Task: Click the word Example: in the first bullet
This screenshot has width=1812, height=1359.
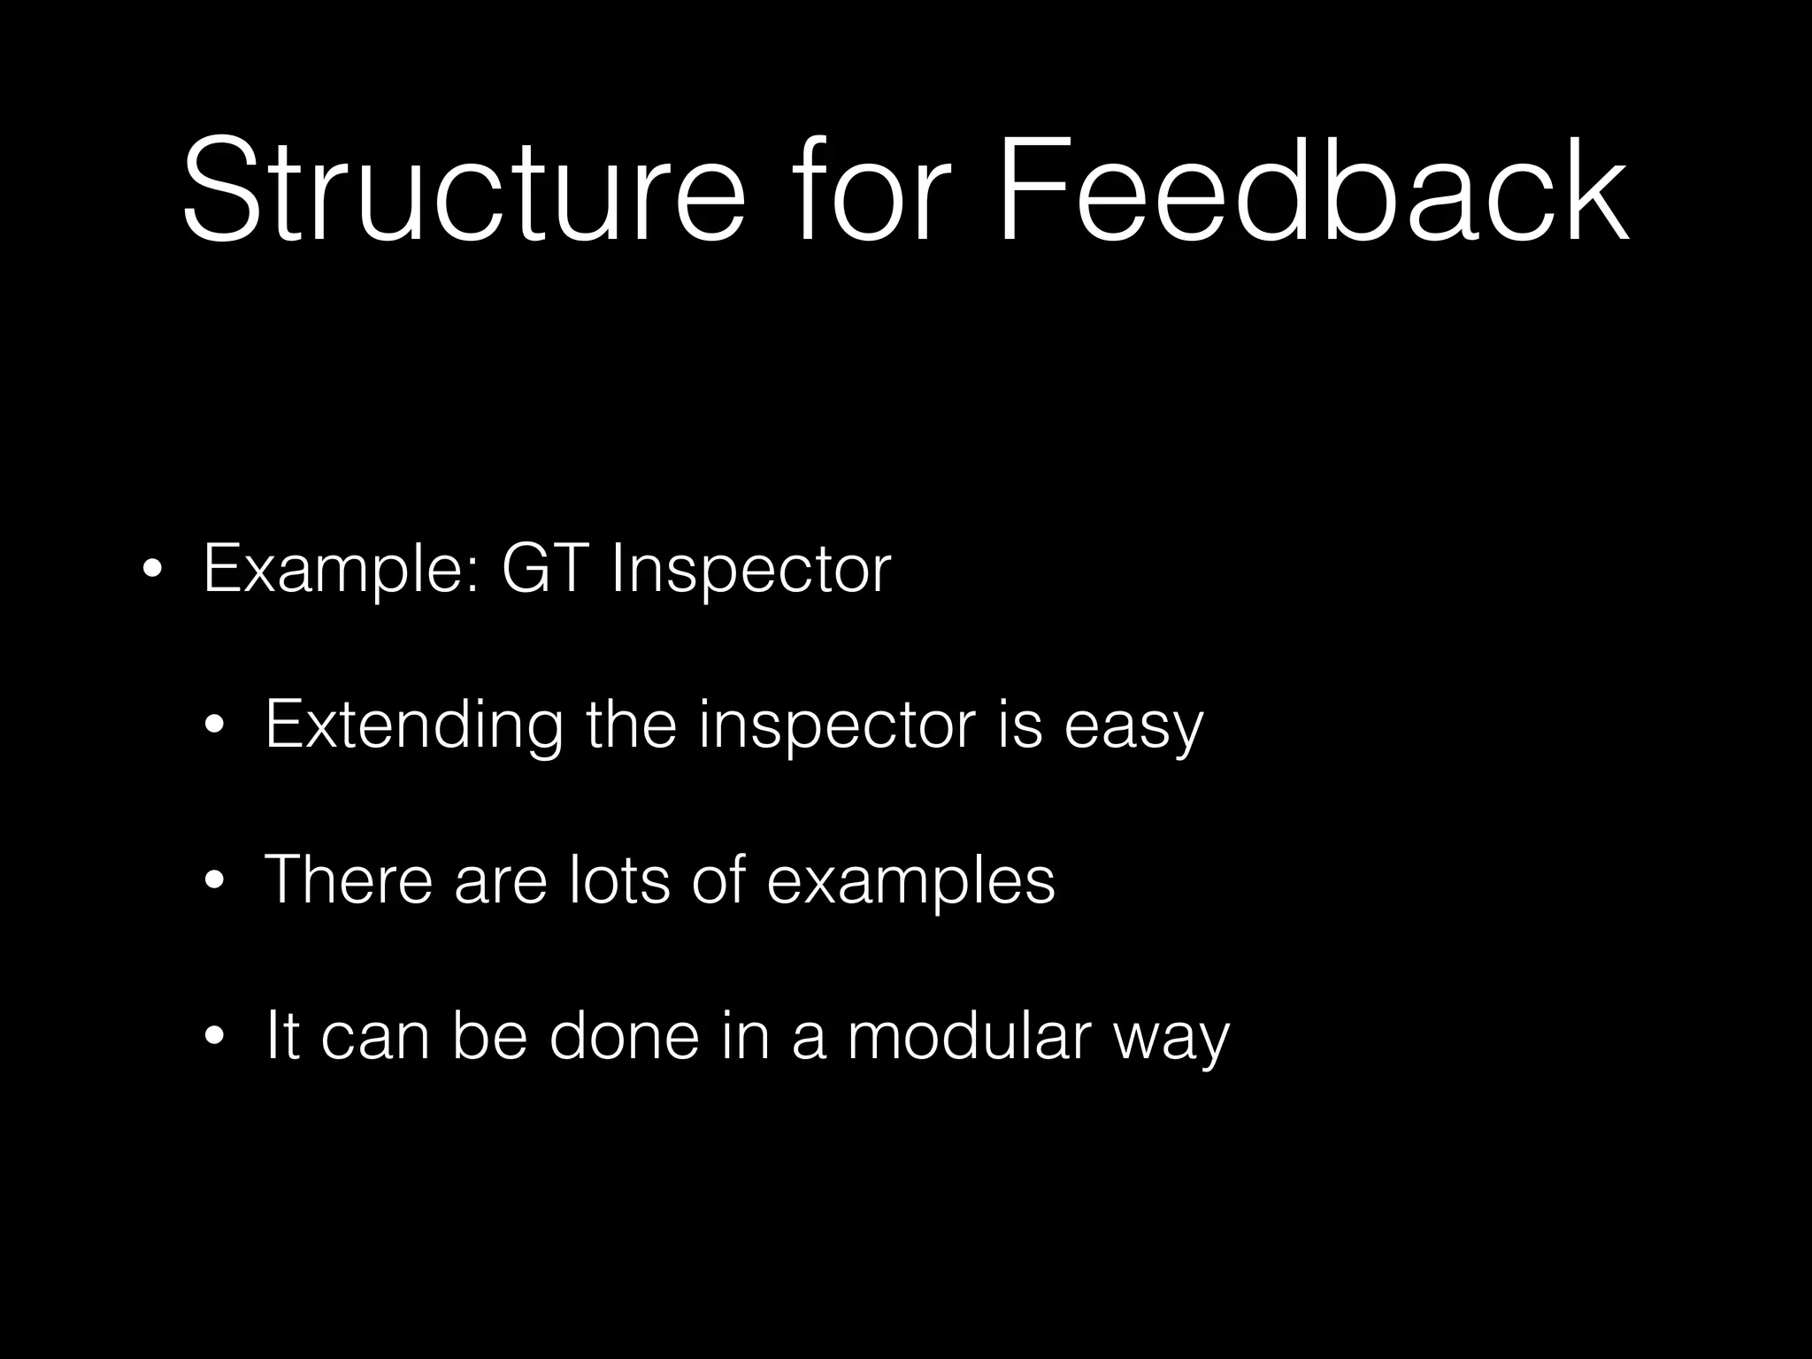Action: click(x=342, y=571)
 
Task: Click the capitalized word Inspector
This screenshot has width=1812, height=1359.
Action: click(x=750, y=571)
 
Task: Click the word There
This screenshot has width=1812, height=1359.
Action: click(x=349, y=880)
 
